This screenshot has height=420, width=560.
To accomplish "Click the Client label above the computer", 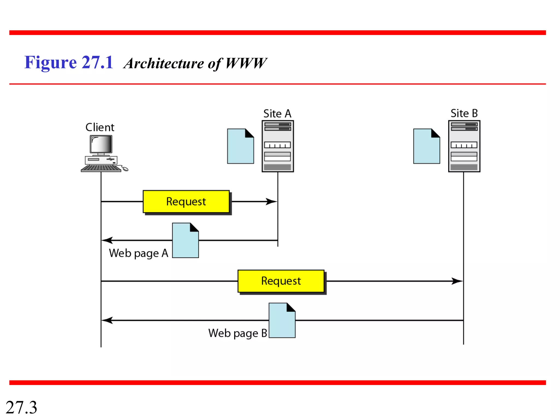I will [x=100, y=127].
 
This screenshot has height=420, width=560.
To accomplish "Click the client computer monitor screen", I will [x=101, y=144].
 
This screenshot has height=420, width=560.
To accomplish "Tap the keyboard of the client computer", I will [x=101, y=168].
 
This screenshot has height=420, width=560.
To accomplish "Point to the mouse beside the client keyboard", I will [x=125, y=169].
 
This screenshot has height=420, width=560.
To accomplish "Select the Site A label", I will [x=277, y=113].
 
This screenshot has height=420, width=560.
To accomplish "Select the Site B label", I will [x=464, y=113].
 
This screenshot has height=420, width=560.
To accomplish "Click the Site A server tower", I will [x=278, y=146].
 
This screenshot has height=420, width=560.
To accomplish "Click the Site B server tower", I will [x=464, y=146].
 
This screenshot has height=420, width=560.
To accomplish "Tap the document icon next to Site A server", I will [x=240, y=147].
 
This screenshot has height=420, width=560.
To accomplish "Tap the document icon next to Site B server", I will [x=427, y=147].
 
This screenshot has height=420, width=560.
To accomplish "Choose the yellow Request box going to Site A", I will [x=186, y=202].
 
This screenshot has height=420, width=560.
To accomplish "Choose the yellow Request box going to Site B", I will [x=281, y=281].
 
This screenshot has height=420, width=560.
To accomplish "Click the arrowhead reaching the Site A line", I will [x=272, y=202].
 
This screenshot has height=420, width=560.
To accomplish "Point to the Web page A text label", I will [x=138, y=253].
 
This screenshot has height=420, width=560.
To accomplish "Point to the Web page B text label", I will [x=237, y=333].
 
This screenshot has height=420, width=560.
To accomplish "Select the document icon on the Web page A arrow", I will [x=185, y=241].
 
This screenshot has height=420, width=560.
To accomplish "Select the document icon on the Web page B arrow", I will [x=282, y=320].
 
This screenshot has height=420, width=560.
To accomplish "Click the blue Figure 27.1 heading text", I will [x=69, y=62].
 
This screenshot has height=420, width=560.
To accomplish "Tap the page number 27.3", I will [x=21, y=407].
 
